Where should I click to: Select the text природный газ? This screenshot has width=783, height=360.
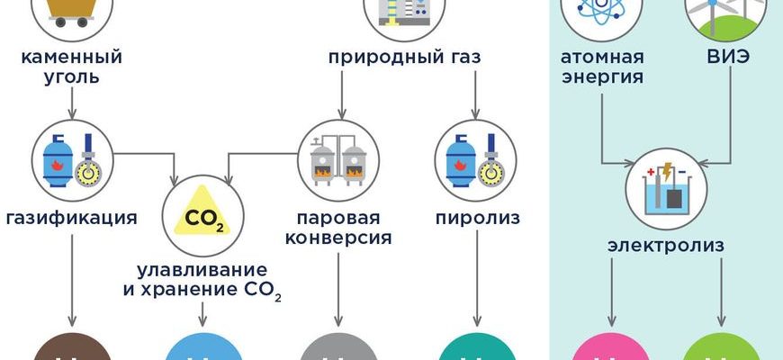pos(404,58)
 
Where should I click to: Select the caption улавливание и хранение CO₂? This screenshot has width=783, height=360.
pos(202,279)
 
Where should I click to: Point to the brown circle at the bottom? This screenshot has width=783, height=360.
pos(70,347)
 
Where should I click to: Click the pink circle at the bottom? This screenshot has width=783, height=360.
pos(611,348)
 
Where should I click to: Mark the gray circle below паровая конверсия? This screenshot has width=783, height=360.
pos(338,347)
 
